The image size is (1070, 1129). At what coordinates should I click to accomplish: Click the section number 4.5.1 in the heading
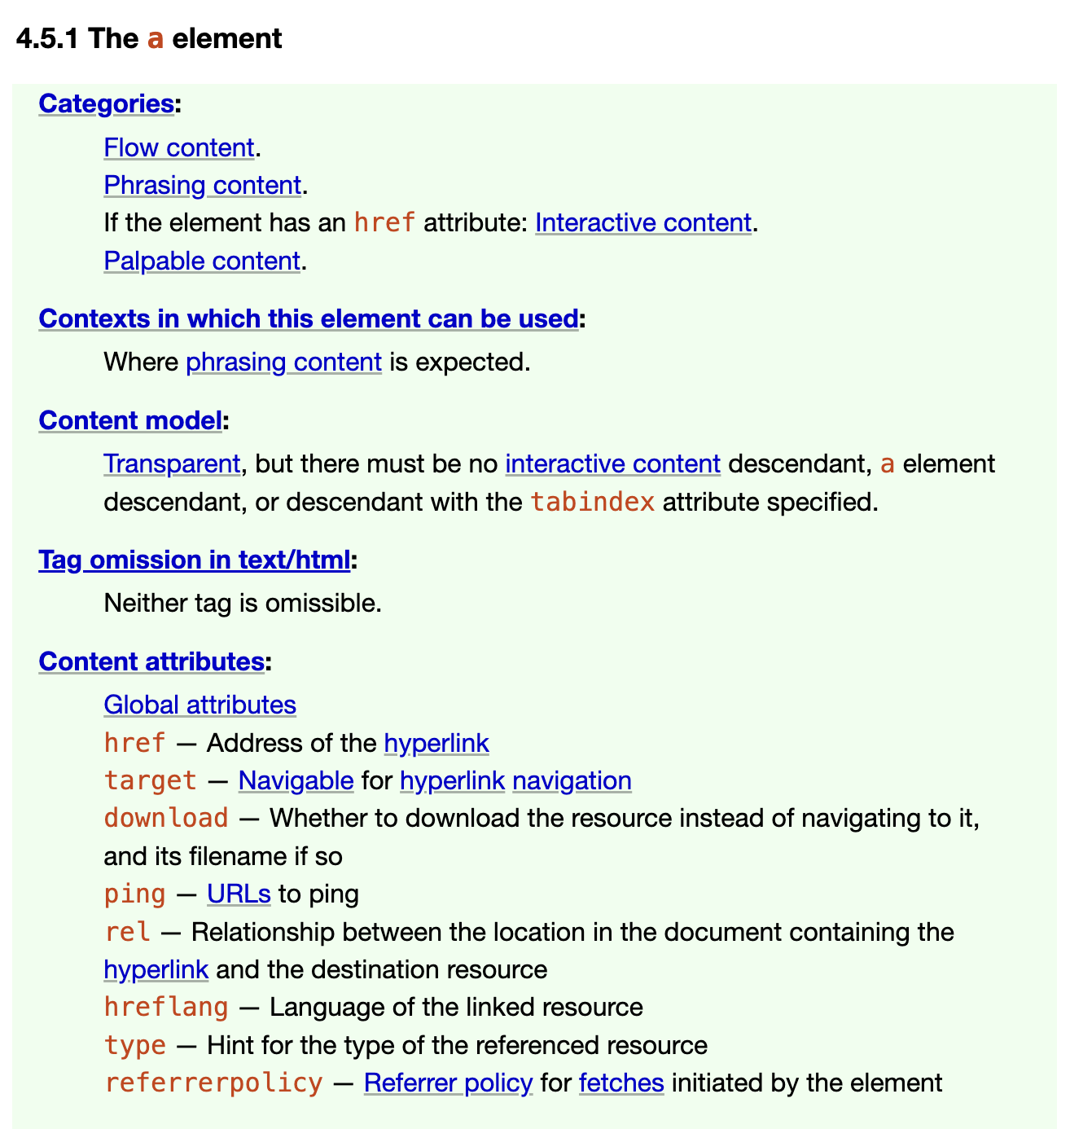46,38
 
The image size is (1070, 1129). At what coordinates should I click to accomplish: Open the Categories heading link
106,103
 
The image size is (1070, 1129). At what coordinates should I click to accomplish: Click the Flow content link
179,147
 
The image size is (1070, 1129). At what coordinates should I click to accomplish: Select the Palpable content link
202,261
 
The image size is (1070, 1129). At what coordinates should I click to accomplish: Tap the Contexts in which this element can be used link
308,318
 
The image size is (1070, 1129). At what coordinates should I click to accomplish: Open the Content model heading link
129,420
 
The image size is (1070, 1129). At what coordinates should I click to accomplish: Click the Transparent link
172,463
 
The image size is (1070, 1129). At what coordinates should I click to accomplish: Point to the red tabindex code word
592,502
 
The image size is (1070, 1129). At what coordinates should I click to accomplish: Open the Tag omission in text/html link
194,560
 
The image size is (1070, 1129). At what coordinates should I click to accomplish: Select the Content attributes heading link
151,661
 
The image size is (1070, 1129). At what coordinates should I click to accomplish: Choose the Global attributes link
200,705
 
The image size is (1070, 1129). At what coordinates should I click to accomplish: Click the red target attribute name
150,780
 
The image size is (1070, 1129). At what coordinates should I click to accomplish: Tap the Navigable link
296,780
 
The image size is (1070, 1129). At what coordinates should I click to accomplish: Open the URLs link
239,894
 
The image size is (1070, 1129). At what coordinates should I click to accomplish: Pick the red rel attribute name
127,932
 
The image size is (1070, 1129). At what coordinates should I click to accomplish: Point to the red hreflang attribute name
165,1008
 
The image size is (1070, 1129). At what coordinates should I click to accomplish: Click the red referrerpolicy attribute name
213,1083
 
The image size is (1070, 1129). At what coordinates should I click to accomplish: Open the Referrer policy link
448,1083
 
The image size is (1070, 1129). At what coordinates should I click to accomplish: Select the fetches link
621,1083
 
